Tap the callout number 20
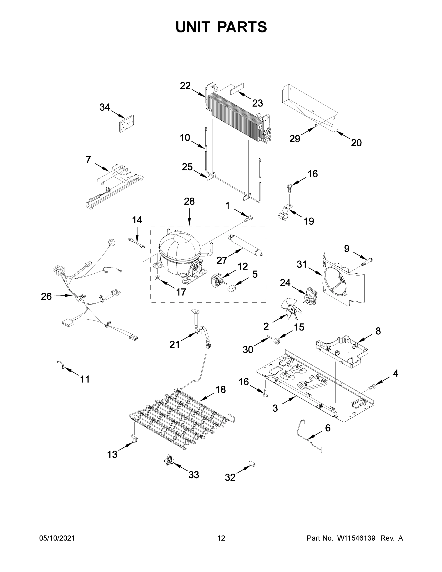pyautogui.click(x=356, y=143)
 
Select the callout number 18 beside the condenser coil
pyautogui.click(x=220, y=389)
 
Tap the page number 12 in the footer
pyautogui.click(x=221, y=538)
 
